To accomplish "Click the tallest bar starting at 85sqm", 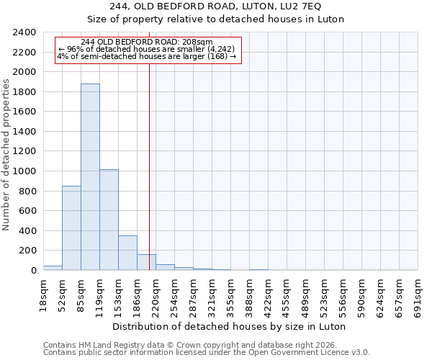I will [x=90, y=177].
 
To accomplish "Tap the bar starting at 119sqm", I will [x=109, y=220].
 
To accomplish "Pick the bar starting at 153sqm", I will [x=127, y=253].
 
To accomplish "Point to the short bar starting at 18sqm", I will [x=53, y=268].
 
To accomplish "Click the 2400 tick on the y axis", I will [x=24, y=32].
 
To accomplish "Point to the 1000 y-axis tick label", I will [x=24, y=171].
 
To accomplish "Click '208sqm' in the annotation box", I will [x=197, y=42].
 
